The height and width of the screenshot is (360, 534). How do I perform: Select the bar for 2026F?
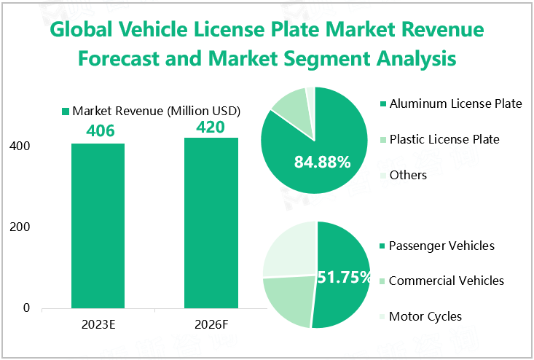click(211, 223)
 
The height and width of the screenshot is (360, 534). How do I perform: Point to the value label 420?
click(211, 127)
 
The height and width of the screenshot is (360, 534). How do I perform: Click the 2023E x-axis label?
click(98, 326)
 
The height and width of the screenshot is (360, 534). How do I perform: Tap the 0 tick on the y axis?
click(26, 308)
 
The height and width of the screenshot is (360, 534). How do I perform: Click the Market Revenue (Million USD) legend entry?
click(151, 111)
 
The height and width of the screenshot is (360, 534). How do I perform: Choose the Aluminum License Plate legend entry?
click(455, 103)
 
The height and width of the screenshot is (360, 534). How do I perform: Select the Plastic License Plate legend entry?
click(444, 139)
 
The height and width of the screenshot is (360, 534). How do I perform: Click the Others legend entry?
click(408, 175)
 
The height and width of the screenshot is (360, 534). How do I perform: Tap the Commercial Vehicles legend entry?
click(446, 281)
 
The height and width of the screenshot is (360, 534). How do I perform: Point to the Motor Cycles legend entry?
click(425, 316)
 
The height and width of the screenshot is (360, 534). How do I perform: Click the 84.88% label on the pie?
click(322, 162)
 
